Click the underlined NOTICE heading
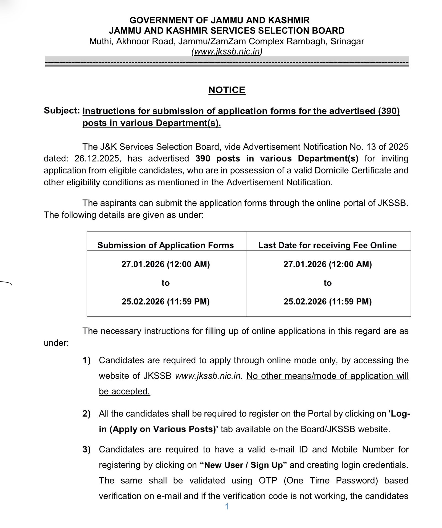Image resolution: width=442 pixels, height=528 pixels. tap(227, 90)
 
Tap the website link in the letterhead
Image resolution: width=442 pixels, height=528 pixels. tap(227, 52)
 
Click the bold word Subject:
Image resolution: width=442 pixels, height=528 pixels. tap(62, 110)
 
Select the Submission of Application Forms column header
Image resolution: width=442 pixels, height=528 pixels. tap(165, 245)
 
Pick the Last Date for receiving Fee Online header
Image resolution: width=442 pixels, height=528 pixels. tap(327, 245)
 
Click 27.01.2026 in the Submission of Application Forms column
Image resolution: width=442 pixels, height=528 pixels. tap(143, 264)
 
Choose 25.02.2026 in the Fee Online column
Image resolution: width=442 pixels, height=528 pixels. tap(305, 301)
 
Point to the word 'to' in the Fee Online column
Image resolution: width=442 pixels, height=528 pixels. tap(327, 283)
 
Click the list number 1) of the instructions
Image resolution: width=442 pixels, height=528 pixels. tap(86, 360)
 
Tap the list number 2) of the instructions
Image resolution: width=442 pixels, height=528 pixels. tap(86, 414)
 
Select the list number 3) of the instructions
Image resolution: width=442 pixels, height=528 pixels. tap(86, 449)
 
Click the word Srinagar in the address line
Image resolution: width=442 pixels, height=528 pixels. tap(347, 41)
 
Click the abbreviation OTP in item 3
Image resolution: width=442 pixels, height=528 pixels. tap(268, 480)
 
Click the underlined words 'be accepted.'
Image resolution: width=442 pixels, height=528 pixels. tap(124, 392)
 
